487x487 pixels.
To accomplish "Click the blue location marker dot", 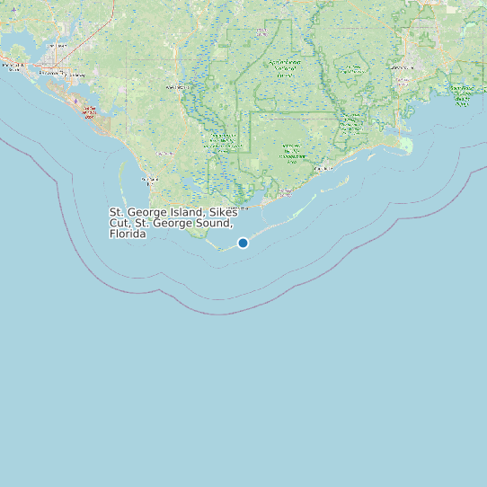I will point(243,243).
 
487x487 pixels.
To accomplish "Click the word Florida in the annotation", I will point(127,235).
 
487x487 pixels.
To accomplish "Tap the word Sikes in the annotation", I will point(223,212).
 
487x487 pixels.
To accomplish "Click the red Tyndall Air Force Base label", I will point(89,113).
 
